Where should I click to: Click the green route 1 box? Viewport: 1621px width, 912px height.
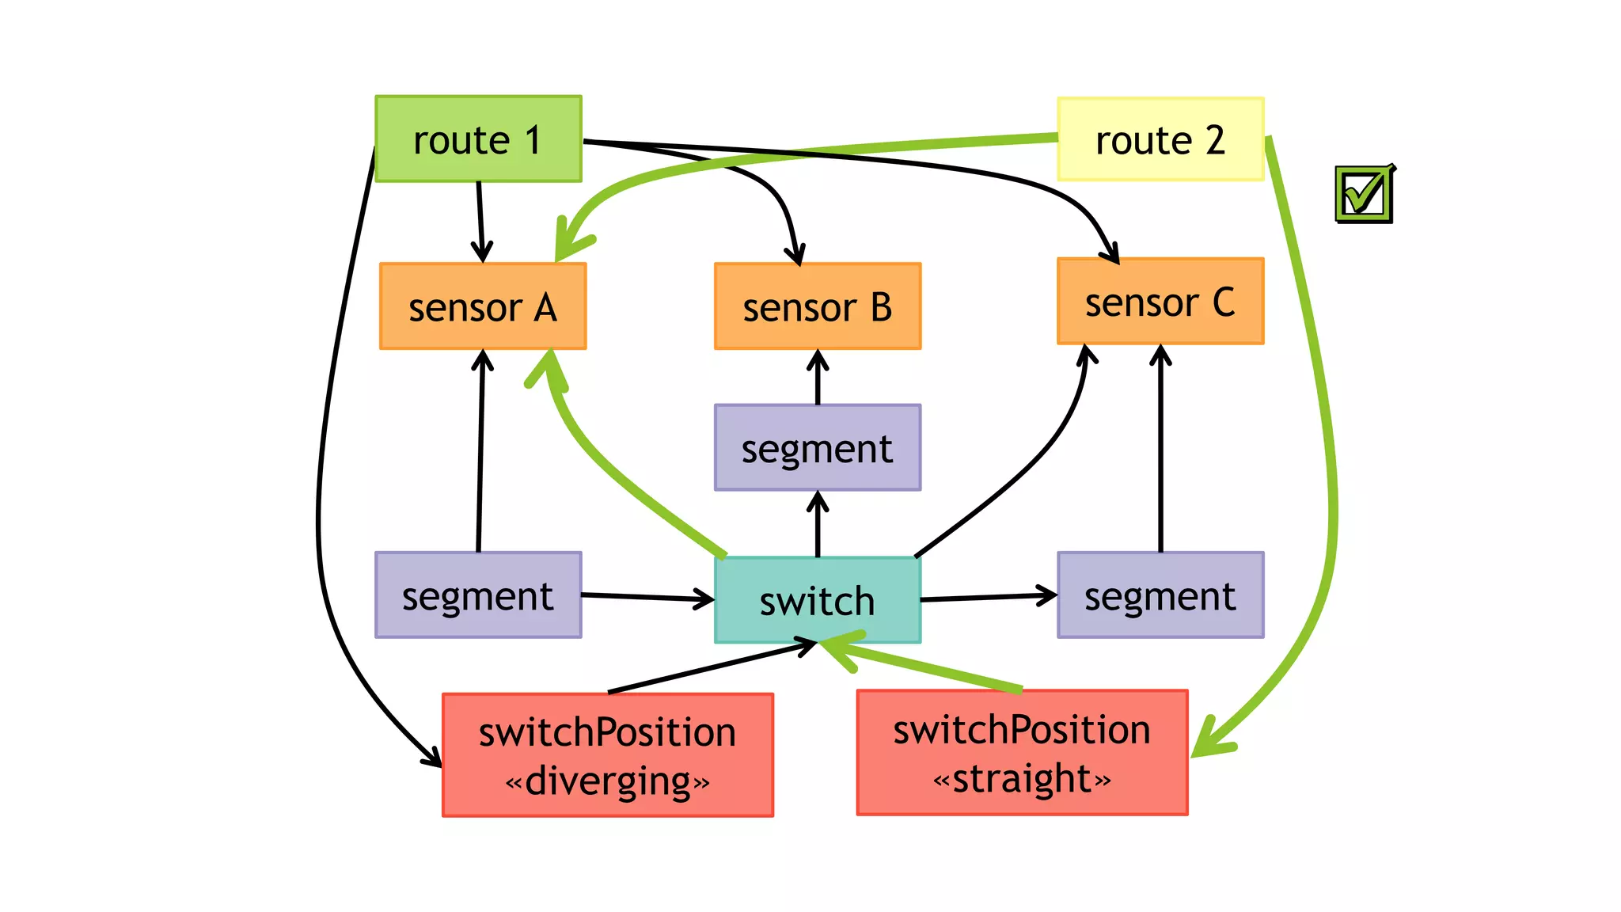coord(478,139)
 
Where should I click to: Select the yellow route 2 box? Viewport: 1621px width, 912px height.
coord(1160,139)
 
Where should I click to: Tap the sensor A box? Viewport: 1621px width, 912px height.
coord(483,306)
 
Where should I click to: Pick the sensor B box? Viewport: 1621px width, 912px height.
coord(818,306)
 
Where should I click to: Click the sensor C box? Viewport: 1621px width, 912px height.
coord(1160,302)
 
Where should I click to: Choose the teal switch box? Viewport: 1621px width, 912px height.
coord(818,601)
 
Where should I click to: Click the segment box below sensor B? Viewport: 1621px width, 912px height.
coord(818,448)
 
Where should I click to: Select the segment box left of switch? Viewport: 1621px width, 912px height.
coord(478,595)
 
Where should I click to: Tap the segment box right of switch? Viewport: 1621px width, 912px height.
coord(1160,595)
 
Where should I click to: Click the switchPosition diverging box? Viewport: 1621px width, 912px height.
coord(608,755)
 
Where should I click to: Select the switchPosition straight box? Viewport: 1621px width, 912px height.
coord(1022,753)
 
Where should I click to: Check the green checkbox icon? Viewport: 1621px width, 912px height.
coord(1364,194)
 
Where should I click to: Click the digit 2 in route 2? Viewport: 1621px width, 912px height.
coord(1215,140)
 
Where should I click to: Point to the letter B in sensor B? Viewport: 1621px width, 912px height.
coord(881,307)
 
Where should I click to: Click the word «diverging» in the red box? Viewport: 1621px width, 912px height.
coord(608,781)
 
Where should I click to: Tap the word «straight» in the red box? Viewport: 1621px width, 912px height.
coord(1022,779)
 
